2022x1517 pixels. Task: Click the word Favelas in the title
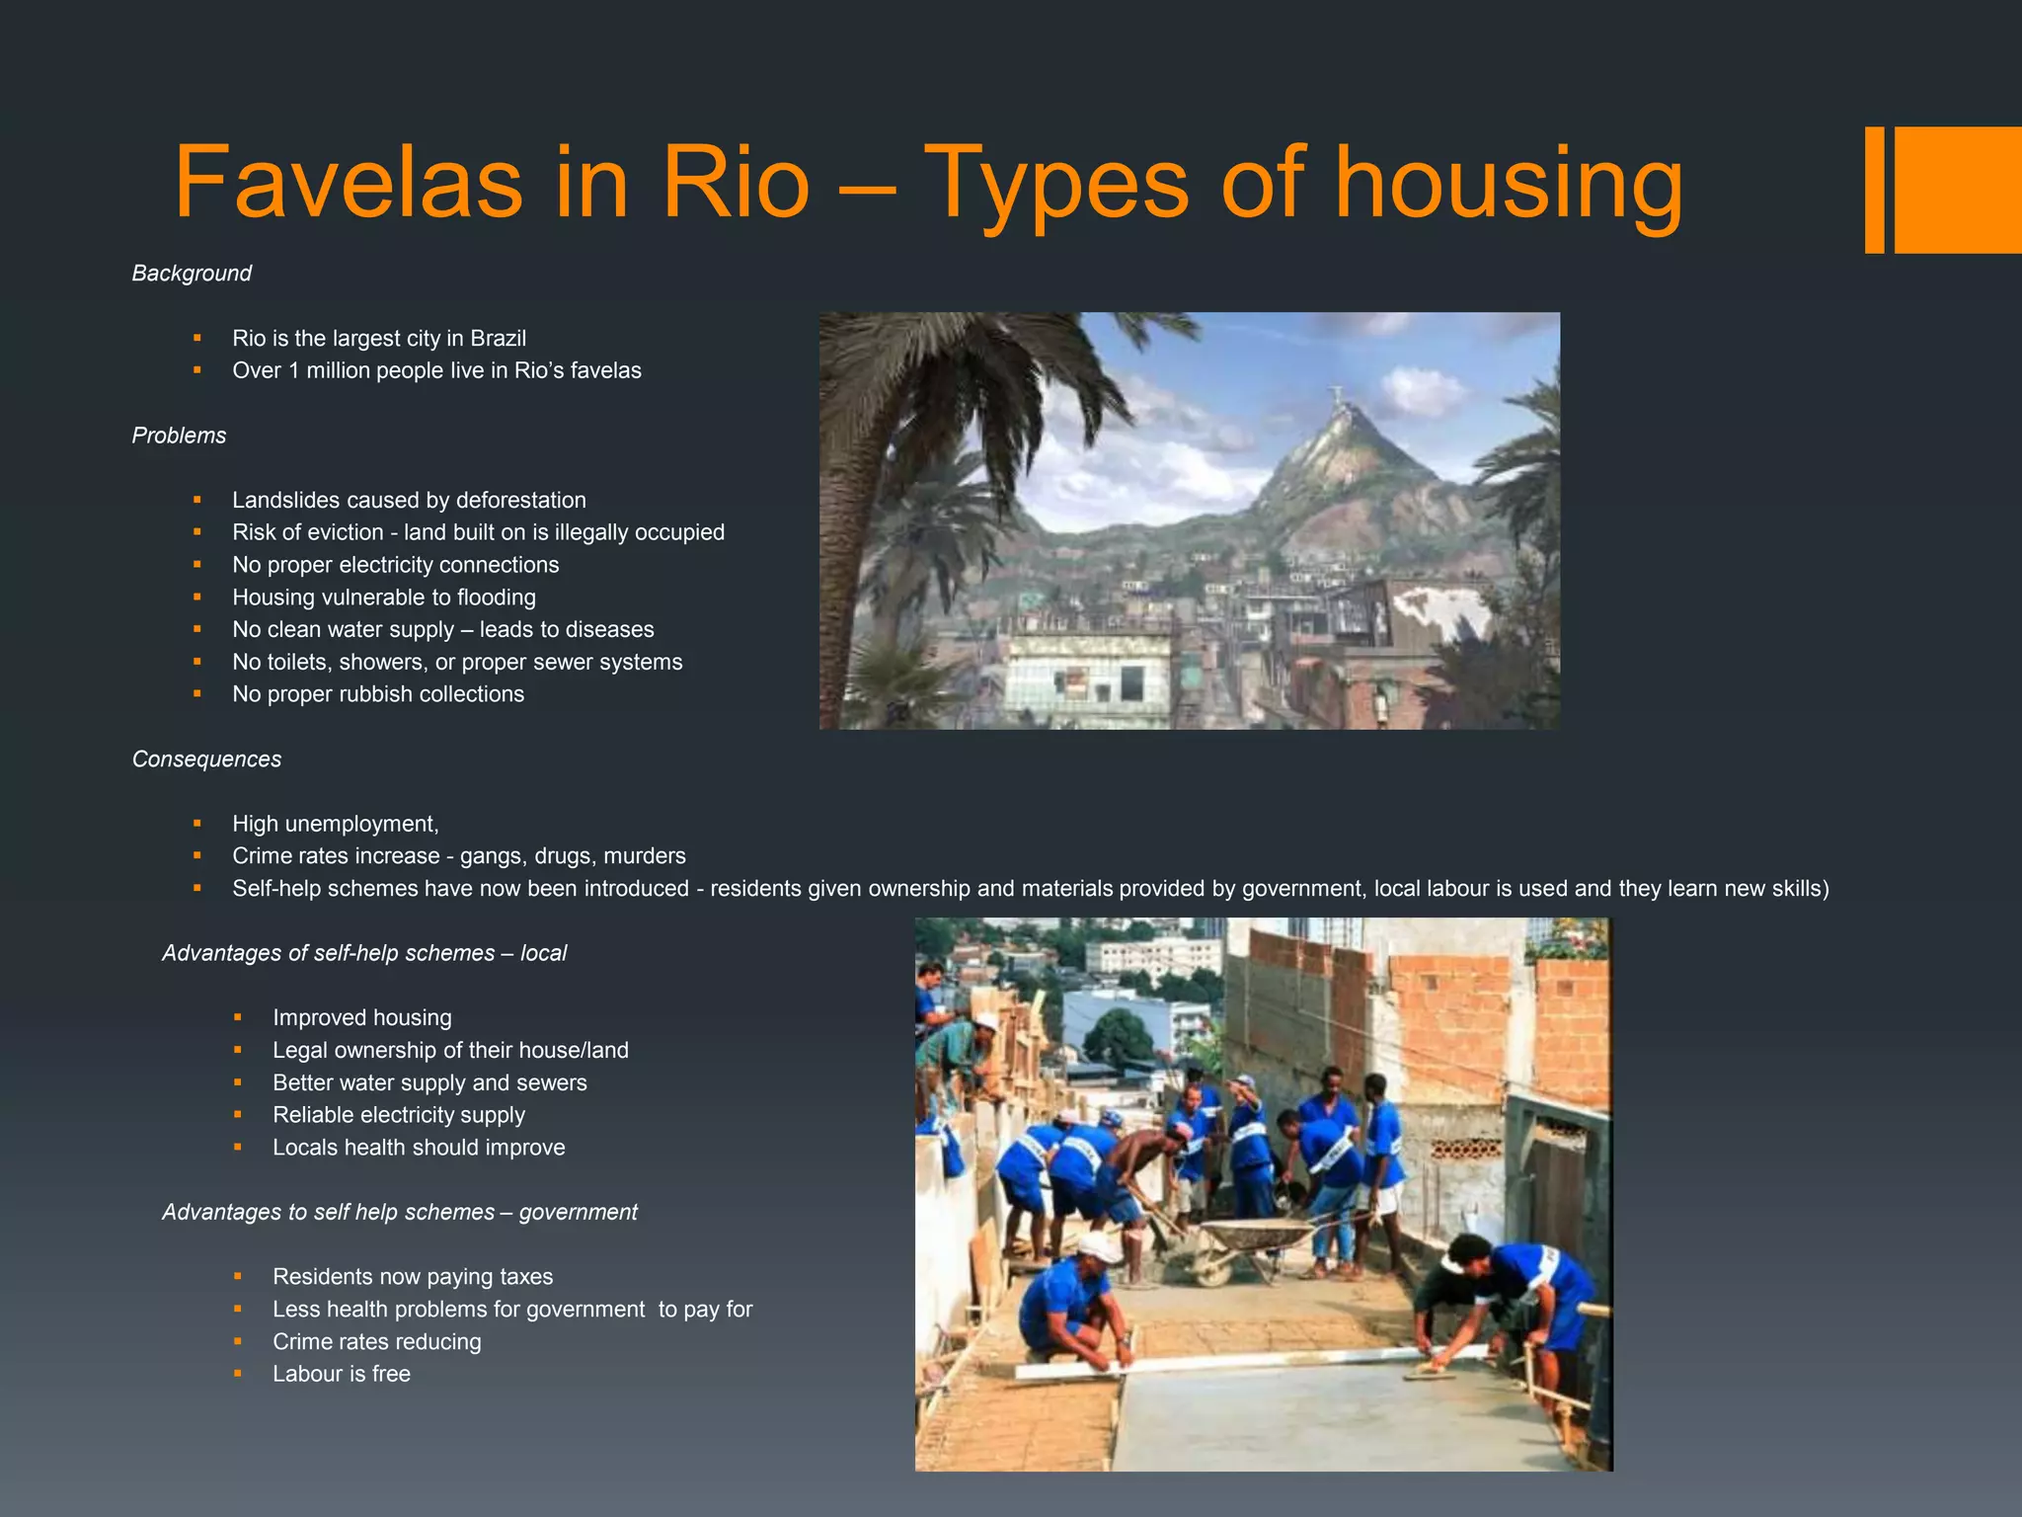[x=348, y=184]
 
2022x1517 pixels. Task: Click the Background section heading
[x=192, y=274]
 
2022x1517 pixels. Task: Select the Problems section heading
[x=179, y=436]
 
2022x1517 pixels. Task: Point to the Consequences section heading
[x=206, y=759]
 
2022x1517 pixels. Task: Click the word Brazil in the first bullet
[x=498, y=339]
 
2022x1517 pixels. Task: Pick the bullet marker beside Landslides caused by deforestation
[x=197, y=501]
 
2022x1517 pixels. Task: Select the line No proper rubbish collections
[x=378, y=694]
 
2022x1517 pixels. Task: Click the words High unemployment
[x=335, y=825]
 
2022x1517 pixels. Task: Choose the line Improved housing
[x=361, y=1018]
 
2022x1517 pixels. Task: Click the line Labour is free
[x=341, y=1375]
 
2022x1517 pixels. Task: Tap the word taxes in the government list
[x=525, y=1277]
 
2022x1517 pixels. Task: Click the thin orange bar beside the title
[x=1874, y=190]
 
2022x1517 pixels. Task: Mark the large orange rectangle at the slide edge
[x=1957, y=190]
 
